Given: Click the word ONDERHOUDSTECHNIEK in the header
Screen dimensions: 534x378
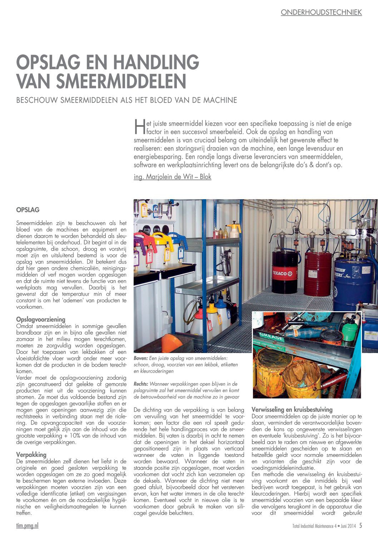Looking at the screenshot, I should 321,12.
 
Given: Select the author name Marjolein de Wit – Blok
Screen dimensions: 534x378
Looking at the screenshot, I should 172,177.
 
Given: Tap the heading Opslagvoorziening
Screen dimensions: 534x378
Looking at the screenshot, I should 41,319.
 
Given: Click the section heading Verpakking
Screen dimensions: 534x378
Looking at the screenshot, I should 31,455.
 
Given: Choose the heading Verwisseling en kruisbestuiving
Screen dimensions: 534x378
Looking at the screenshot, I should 292,409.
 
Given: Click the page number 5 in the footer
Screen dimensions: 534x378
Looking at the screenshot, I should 361,525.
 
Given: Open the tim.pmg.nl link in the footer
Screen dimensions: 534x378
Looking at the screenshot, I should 27,525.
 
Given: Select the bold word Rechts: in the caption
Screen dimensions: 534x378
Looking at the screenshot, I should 141,384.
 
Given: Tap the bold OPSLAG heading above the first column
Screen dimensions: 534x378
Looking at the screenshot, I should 28,210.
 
